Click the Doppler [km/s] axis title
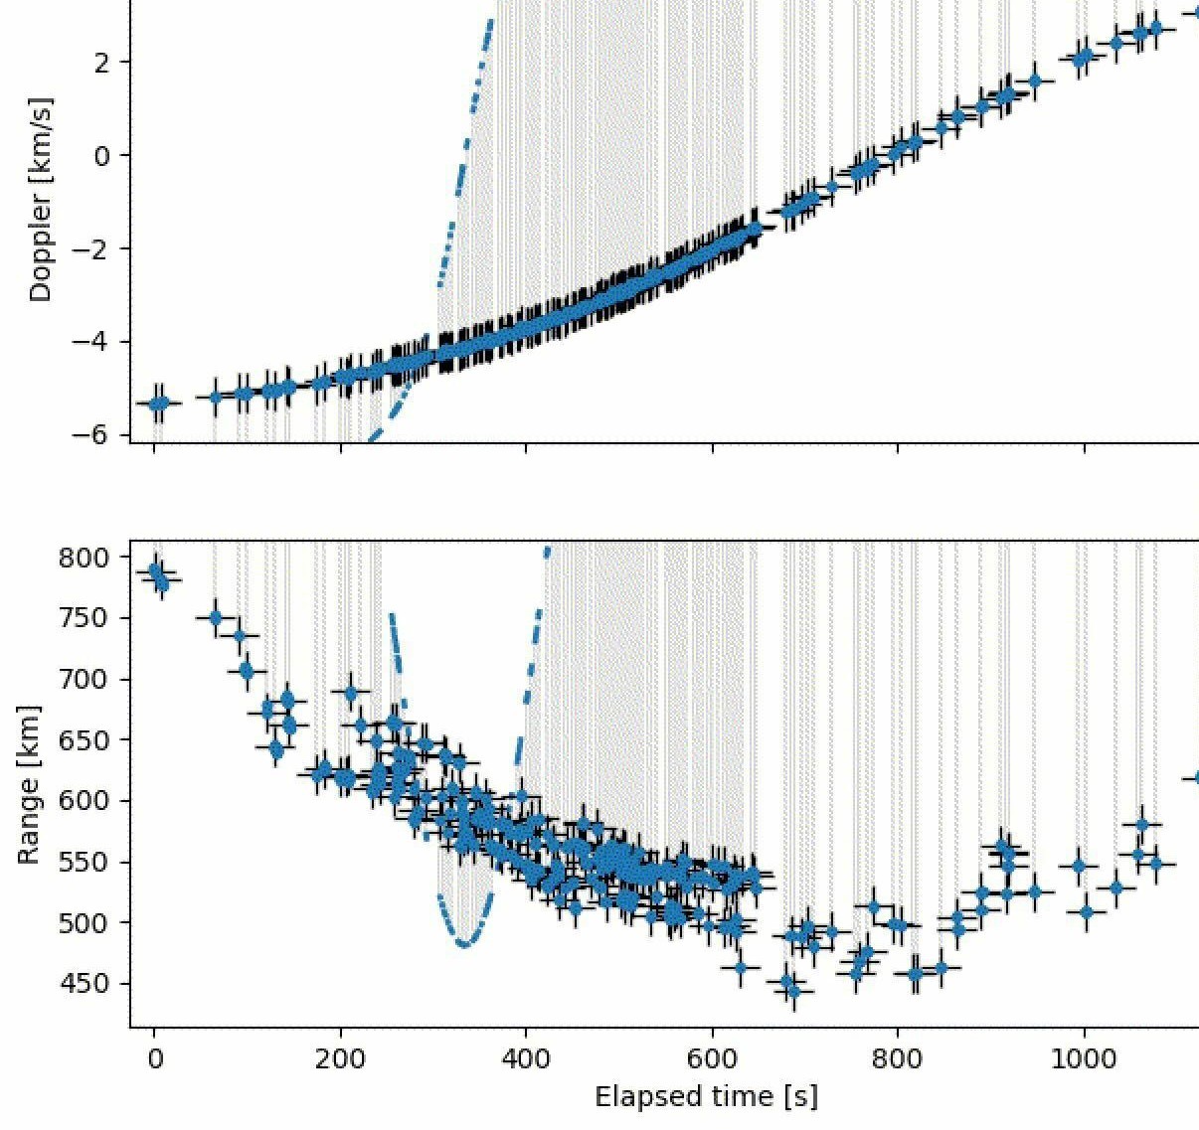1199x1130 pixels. coord(41,199)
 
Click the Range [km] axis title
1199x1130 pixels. coord(30,785)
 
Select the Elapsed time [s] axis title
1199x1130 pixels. coord(706,1096)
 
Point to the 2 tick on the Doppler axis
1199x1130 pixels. coord(103,63)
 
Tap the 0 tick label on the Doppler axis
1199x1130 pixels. coord(103,155)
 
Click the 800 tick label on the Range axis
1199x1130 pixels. coord(86,558)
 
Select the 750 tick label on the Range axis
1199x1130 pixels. coord(86,618)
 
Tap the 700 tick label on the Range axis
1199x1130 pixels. coord(86,679)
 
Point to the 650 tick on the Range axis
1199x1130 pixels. coord(86,740)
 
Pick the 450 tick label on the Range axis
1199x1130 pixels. coord(86,984)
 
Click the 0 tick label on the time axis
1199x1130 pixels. coord(154,1059)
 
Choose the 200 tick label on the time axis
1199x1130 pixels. coord(340,1059)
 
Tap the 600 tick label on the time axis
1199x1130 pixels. coord(713,1059)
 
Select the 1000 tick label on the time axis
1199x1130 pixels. coord(1085,1059)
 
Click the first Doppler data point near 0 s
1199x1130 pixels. coord(156,404)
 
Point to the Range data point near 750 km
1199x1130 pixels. coord(216,617)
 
